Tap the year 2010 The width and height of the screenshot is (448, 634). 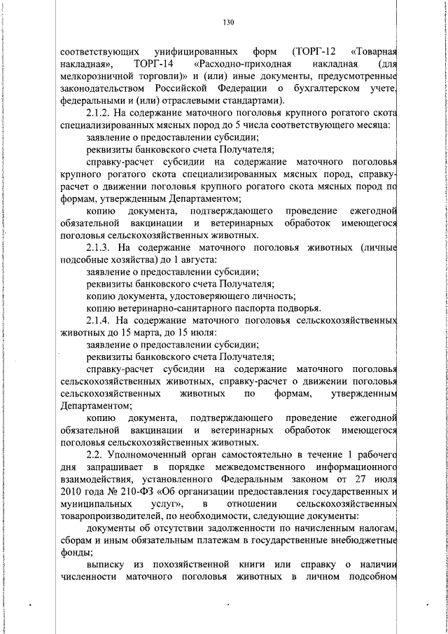pos(71,491)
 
